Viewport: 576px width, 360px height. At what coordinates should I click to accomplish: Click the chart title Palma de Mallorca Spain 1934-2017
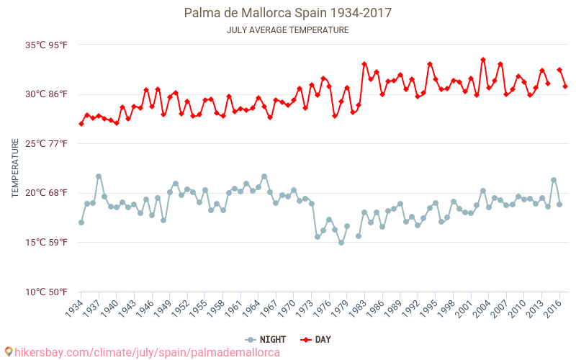point(288,13)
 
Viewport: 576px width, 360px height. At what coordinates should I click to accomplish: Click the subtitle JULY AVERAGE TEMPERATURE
point(288,30)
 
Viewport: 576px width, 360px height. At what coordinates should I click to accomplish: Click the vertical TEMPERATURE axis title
point(15,168)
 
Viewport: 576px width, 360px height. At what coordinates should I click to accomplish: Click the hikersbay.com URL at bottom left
point(142,352)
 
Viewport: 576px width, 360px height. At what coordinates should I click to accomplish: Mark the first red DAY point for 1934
point(81,124)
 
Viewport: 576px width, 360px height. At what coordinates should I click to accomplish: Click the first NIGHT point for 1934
point(81,222)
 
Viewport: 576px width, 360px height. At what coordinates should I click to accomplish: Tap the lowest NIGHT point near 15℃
point(341,243)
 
